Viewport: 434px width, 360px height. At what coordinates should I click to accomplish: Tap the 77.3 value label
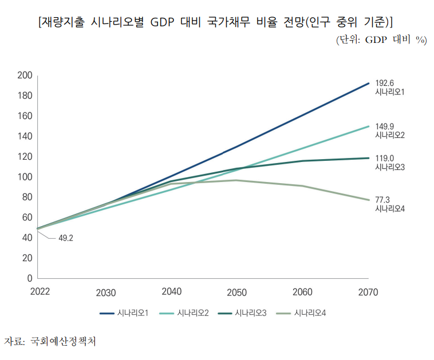382,199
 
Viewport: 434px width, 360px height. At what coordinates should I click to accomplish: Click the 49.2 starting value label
66,238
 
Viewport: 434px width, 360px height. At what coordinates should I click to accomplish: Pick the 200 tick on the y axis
25,76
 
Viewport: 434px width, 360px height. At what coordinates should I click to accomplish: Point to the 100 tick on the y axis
25,177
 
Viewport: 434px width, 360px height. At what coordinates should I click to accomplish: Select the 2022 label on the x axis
40,292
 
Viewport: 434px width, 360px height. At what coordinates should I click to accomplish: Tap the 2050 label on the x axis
236,292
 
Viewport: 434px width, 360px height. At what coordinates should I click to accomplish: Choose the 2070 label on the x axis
368,292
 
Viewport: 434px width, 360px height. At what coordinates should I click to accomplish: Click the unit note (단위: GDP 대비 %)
381,40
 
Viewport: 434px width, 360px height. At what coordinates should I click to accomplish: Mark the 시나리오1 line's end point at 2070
368,84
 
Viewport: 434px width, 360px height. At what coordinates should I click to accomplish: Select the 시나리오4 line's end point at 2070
368,200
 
